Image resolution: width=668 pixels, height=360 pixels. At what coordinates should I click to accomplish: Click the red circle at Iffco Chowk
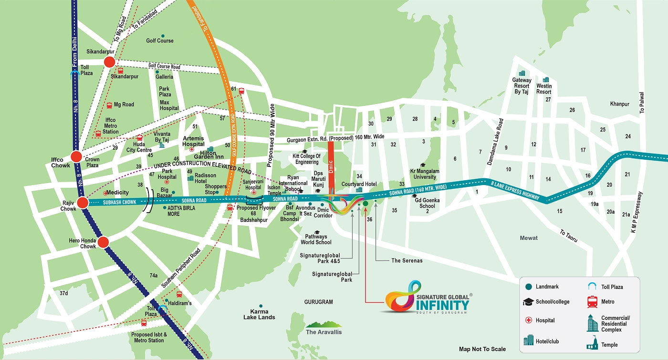tap(76, 156)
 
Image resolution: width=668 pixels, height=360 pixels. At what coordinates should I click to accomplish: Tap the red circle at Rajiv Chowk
tap(83, 203)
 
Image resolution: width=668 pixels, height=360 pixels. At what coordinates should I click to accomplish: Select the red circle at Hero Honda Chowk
tap(104, 243)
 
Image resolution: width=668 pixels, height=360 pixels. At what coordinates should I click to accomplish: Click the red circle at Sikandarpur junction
tap(109, 62)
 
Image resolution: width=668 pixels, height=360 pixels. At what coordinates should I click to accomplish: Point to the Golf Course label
tap(160, 41)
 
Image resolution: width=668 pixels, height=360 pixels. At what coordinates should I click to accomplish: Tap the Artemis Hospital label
tap(193, 141)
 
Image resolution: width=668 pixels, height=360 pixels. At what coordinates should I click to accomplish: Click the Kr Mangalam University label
tap(424, 174)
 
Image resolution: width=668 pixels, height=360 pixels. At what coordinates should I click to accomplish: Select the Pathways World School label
tap(316, 239)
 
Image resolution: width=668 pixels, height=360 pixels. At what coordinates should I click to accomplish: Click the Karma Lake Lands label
tap(259, 315)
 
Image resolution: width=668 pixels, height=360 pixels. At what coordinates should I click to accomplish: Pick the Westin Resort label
tap(544, 89)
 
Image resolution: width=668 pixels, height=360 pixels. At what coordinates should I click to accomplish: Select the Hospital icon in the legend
tap(528, 320)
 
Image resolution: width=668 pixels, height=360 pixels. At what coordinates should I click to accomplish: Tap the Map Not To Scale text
tap(482, 350)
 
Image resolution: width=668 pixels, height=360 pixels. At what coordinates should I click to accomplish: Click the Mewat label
tap(529, 238)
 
